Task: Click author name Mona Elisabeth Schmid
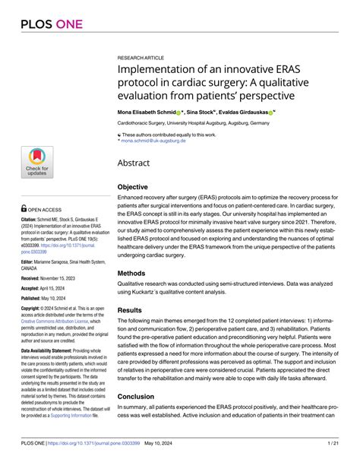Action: [154, 111]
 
